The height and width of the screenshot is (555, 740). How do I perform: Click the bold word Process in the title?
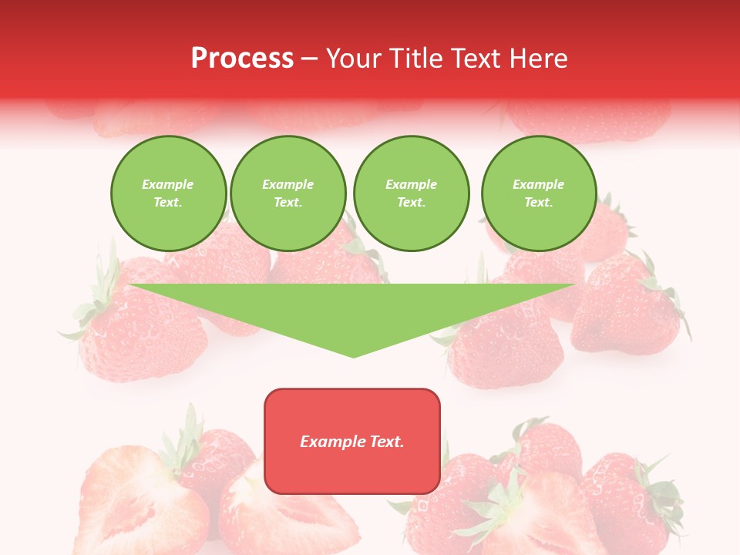pyautogui.click(x=242, y=58)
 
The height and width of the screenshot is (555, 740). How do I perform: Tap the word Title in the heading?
pyautogui.click(x=413, y=58)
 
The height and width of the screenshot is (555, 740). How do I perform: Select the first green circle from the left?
pyautogui.click(x=168, y=193)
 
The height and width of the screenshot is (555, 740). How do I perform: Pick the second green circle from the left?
pyautogui.click(x=288, y=193)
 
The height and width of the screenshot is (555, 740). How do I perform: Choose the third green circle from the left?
pyautogui.click(x=411, y=193)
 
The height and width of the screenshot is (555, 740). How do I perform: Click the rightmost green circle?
pyautogui.click(x=539, y=193)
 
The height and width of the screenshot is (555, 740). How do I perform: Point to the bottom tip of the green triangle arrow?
pyautogui.click(x=353, y=355)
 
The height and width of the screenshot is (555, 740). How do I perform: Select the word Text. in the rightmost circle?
pyautogui.click(x=539, y=203)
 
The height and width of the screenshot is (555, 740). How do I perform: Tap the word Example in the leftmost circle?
pyautogui.click(x=168, y=184)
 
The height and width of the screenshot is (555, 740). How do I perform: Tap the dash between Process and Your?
pyautogui.click(x=309, y=58)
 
